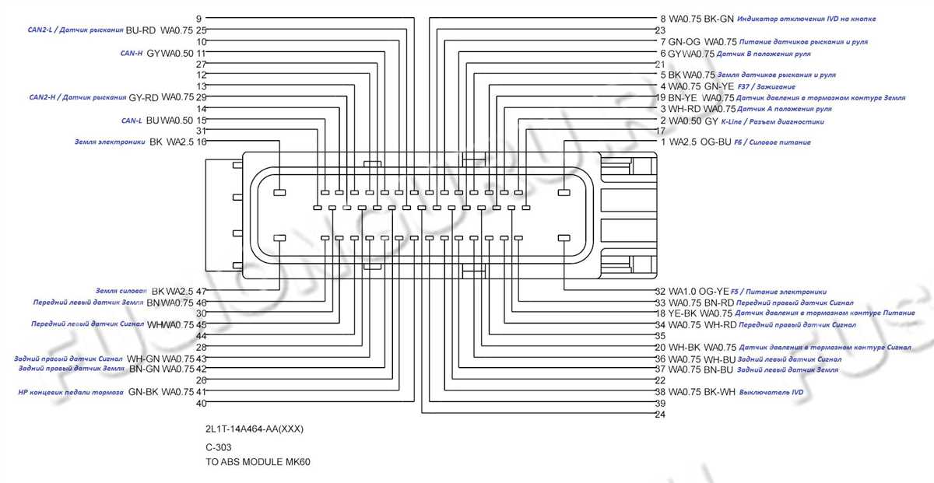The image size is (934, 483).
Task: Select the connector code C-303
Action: coord(219,447)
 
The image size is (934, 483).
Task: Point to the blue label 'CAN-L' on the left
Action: coord(131,121)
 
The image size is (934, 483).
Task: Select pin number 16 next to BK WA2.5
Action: coord(201,142)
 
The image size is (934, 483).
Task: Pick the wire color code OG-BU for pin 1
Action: coord(716,142)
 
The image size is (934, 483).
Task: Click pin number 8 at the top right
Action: coord(662,18)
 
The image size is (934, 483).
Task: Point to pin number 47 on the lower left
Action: coord(201,291)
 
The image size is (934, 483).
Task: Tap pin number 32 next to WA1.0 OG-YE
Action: coord(660,291)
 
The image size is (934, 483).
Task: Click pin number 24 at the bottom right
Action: coord(660,415)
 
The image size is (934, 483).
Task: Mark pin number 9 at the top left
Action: coord(198,18)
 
